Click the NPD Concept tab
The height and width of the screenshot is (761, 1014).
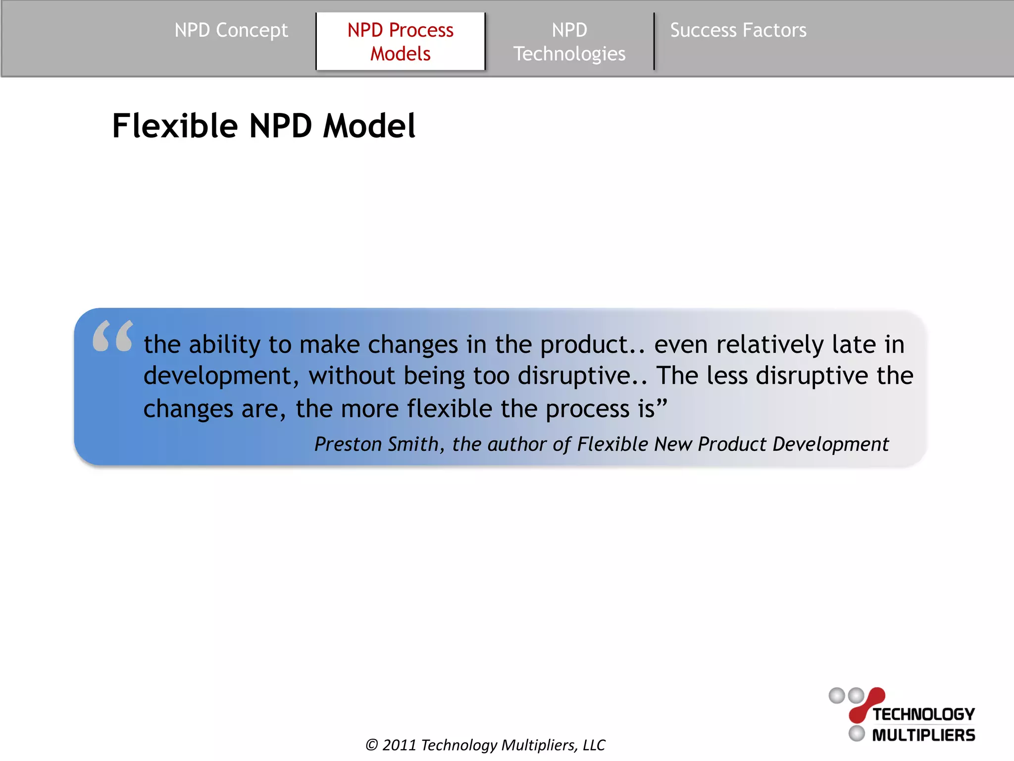click(231, 31)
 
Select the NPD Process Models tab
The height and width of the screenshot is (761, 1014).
click(400, 42)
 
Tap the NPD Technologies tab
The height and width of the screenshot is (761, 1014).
click(569, 42)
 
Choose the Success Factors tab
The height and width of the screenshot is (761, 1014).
click(738, 31)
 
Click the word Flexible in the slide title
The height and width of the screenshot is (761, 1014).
click(175, 126)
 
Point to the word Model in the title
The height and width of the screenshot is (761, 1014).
click(369, 126)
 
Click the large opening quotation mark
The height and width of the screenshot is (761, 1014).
click(113, 336)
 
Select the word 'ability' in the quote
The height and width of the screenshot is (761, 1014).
click(224, 345)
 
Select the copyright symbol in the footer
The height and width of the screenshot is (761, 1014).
click(371, 745)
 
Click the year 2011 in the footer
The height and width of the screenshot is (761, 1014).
click(399, 745)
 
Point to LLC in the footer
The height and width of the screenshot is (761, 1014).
click(594, 745)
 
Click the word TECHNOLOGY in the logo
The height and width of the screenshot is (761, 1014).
click(923, 714)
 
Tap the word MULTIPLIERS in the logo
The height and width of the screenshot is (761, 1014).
click(923, 735)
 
